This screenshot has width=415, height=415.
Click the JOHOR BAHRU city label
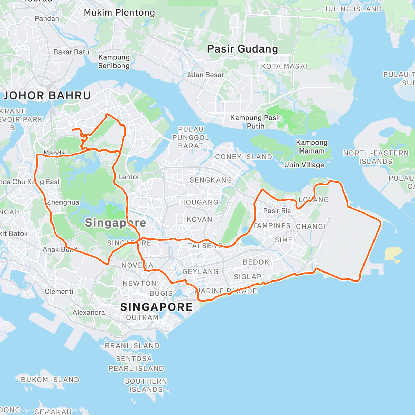[x=47, y=95]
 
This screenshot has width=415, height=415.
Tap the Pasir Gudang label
[x=242, y=49]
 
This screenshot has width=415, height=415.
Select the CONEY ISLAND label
[x=243, y=157]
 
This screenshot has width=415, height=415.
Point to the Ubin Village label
[x=304, y=165]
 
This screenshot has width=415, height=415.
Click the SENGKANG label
[x=211, y=180]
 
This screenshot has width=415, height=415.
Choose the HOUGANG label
[x=199, y=202]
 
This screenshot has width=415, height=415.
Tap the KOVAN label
[x=200, y=219]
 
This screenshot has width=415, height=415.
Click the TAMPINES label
[x=272, y=226]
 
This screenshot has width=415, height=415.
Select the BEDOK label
[x=256, y=262]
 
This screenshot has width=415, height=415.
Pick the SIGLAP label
[x=248, y=277]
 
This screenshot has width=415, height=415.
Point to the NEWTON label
[x=139, y=283]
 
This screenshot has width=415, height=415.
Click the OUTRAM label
[x=142, y=317]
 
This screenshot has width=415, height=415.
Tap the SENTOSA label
[x=134, y=359]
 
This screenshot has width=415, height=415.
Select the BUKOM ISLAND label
[x=50, y=380]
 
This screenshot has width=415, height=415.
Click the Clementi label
[x=59, y=292]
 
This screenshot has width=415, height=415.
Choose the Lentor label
[x=129, y=177]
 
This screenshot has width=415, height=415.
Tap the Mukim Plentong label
[x=119, y=13]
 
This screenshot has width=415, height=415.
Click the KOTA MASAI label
[x=284, y=66]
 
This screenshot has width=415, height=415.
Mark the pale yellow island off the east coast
[x=393, y=253]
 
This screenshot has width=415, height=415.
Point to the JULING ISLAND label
[x=353, y=9]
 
